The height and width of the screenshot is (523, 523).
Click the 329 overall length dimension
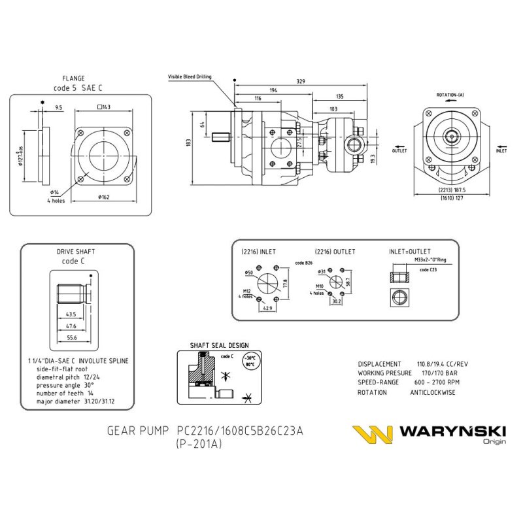[x=301, y=82]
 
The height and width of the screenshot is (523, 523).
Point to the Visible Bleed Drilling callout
[x=190, y=76]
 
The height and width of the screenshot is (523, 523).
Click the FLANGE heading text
[x=73, y=78]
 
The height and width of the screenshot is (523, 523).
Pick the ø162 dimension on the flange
[x=103, y=196]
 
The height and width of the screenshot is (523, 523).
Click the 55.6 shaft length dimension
[x=72, y=337]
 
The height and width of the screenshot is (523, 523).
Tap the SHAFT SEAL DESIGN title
[x=219, y=345]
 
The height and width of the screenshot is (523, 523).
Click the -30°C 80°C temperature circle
[x=248, y=361]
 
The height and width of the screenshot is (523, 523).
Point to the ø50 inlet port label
[x=248, y=272]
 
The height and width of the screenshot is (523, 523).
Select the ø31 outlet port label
[x=322, y=271]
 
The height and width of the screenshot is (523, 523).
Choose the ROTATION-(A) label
[x=450, y=95]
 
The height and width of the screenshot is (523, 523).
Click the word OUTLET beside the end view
[x=399, y=150]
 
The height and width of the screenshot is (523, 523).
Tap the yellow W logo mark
[x=372, y=435]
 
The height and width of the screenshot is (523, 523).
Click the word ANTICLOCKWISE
[x=433, y=392]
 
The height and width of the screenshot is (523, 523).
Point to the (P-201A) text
[x=199, y=443]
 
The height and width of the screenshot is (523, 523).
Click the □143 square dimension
[x=103, y=107]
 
